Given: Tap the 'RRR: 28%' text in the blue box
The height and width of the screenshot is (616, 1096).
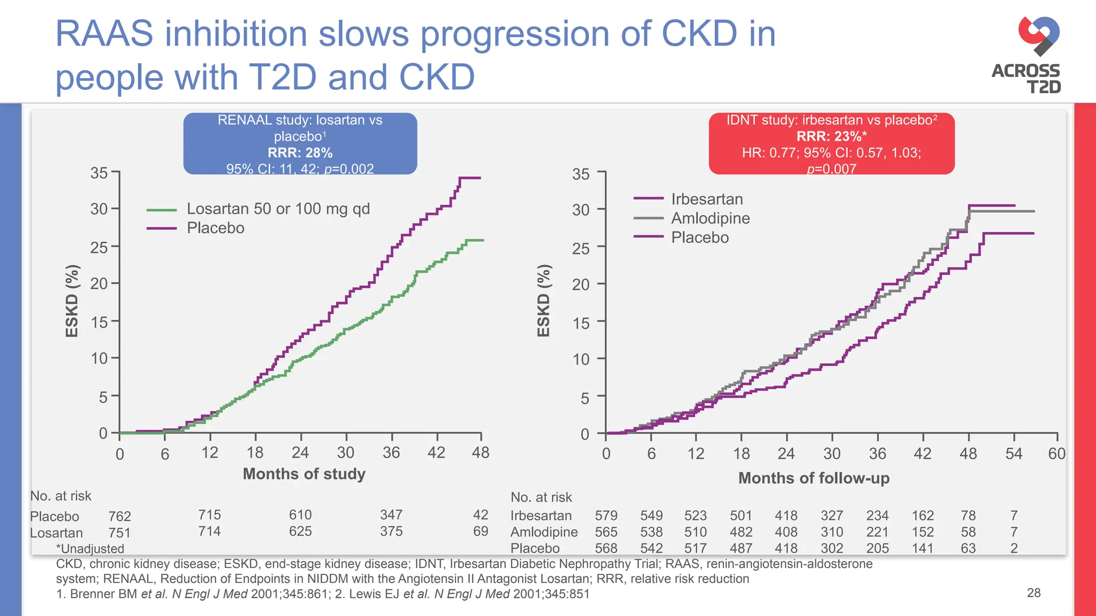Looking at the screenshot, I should [300, 153].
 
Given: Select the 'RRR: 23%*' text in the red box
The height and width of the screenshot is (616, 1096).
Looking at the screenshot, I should [831, 136].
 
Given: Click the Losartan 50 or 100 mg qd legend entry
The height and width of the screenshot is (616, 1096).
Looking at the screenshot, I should [278, 209].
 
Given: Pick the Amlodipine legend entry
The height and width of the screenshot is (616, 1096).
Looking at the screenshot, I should [710, 218].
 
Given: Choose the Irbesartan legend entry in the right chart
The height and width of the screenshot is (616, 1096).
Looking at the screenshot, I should [706, 199].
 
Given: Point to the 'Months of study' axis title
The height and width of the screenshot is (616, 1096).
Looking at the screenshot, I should [304, 474].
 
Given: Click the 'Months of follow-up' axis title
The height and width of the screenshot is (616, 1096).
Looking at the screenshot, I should [813, 478].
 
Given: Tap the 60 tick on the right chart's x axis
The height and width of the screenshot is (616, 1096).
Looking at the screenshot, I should [1056, 454].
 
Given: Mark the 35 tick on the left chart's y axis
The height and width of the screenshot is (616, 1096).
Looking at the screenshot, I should [99, 173].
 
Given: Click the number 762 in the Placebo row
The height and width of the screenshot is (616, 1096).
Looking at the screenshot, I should [119, 517].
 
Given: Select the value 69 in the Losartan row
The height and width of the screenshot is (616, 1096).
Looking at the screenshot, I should [481, 532].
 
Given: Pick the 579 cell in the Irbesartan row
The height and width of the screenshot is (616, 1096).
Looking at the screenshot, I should [606, 515].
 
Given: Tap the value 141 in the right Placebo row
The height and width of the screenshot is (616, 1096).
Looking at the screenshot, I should [923, 549].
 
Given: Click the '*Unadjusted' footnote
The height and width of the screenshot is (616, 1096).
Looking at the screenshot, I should [90, 549].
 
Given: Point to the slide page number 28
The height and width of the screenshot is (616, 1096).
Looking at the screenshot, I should [1033, 592].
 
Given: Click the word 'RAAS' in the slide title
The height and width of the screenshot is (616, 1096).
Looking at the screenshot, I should [104, 34].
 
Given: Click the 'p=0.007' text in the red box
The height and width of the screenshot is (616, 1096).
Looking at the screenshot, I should [831, 169].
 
